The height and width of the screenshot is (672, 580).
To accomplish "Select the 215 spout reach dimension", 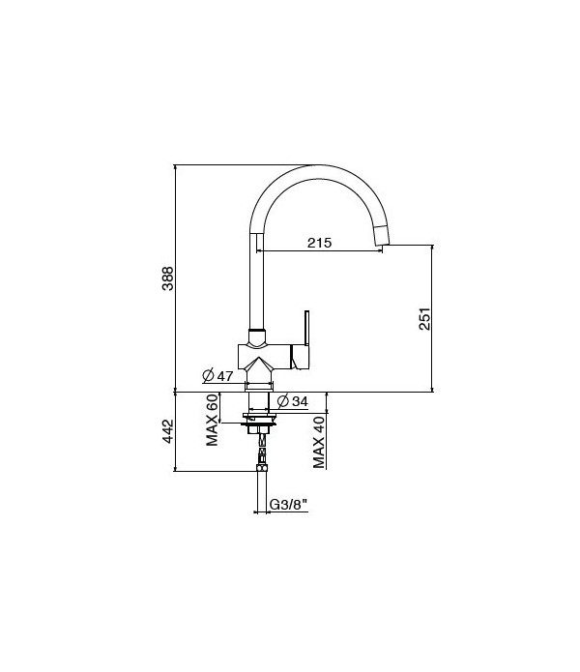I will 319,244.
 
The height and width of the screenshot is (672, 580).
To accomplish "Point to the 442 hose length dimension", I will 167,432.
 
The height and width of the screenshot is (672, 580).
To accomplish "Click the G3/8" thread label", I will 287,504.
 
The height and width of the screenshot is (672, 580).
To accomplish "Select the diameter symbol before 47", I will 208,376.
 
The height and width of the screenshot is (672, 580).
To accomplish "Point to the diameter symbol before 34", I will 281,401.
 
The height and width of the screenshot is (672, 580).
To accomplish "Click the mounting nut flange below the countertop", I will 259,421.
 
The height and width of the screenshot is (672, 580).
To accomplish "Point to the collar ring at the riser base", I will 257,338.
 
